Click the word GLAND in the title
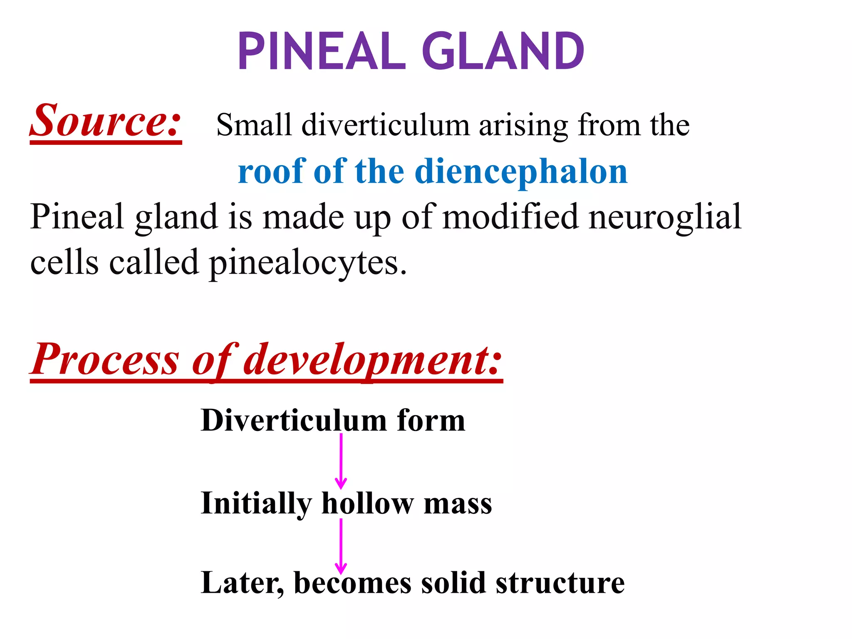pyautogui.click(x=503, y=52)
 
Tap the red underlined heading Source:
pyautogui.click(x=106, y=121)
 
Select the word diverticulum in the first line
pyautogui.click(x=385, y=125)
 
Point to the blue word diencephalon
pyautogui.click(x=521, y=172)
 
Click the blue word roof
pyautogui.click(x=271, y=171)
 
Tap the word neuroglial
pyautogui.click(x=665, y=217)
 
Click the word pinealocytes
pyautogui.click(x=307, y=263)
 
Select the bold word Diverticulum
pyautogui.click(x=294, y=420)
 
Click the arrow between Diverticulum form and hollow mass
pyautogui.click(x=341, y=461)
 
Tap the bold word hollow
pyautogui.click(x=367, y=503)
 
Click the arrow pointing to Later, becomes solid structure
pyautogui.click(x=341, y=546)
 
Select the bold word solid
pyautogui.click(x=453, y=582)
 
